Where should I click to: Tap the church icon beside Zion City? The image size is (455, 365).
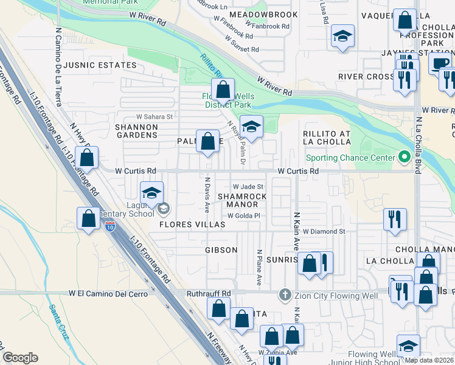pos(284,295)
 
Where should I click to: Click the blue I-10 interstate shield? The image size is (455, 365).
pos(109,227)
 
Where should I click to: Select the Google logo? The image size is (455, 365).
pos(20,358)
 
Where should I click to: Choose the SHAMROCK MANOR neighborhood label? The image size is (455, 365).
pos(242,201)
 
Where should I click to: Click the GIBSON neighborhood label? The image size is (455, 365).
pos(221,250)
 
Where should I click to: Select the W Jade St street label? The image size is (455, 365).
pos(248,187)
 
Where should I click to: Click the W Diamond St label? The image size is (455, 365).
pos(324,232)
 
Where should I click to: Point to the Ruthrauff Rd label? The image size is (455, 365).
pos(209,293)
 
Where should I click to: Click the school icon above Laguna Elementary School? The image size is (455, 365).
pos(151,193)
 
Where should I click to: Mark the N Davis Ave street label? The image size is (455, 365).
pos(207,195)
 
